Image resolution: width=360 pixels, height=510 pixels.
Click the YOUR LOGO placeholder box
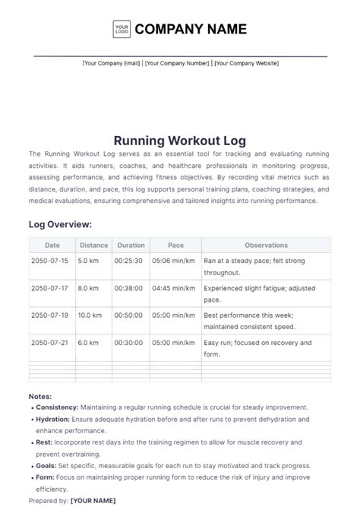[x=122, y=30]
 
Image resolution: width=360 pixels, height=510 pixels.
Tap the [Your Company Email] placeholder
[x=111, y=63]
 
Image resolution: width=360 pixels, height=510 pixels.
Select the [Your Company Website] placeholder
[x=246, y=63]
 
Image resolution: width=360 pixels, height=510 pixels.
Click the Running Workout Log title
[x=180, y=141]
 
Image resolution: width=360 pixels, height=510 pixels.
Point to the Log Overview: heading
[x=60, y=224]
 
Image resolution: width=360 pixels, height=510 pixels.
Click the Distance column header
[x=93, y=245]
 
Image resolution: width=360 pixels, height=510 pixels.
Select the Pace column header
[x=175, y=245]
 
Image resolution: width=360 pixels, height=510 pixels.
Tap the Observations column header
[x=266, y=245]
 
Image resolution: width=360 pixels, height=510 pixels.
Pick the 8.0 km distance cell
[x=89, y=288]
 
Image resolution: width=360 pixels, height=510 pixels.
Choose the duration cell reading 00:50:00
[x=129, y=315]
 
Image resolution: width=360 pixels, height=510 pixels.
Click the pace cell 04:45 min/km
[x=173, y=288]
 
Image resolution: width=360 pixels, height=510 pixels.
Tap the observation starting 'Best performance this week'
[x=249, y=315]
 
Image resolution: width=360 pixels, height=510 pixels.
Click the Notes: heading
[x=40, y=396]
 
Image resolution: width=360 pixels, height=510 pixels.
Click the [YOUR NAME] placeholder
[x=93, y=500]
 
